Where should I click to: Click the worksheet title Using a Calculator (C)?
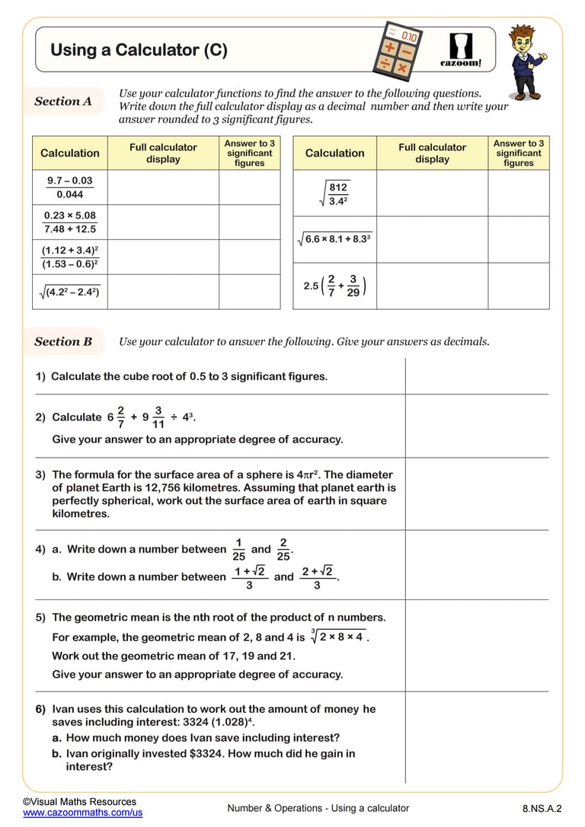[x=139, y=50]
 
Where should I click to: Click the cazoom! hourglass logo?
[x=461, y=49]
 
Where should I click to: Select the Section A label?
[x=63, y=101]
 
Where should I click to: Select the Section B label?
[x=63, y=342]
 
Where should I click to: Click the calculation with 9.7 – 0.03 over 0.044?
[x=69, y=187]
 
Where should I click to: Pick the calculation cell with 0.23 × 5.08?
[x=69, y=222]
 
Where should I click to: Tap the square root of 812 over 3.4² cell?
[x=334, y=194]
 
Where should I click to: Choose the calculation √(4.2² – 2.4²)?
[x=69, y=292]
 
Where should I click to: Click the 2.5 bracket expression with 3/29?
[x=334, y=286]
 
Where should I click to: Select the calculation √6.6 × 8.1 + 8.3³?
[x=334, y=239]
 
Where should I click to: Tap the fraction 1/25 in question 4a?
[x=238, y=549]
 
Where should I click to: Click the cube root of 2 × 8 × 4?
[x=337, y=637]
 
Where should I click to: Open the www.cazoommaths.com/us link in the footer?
[x=83, y=813]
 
